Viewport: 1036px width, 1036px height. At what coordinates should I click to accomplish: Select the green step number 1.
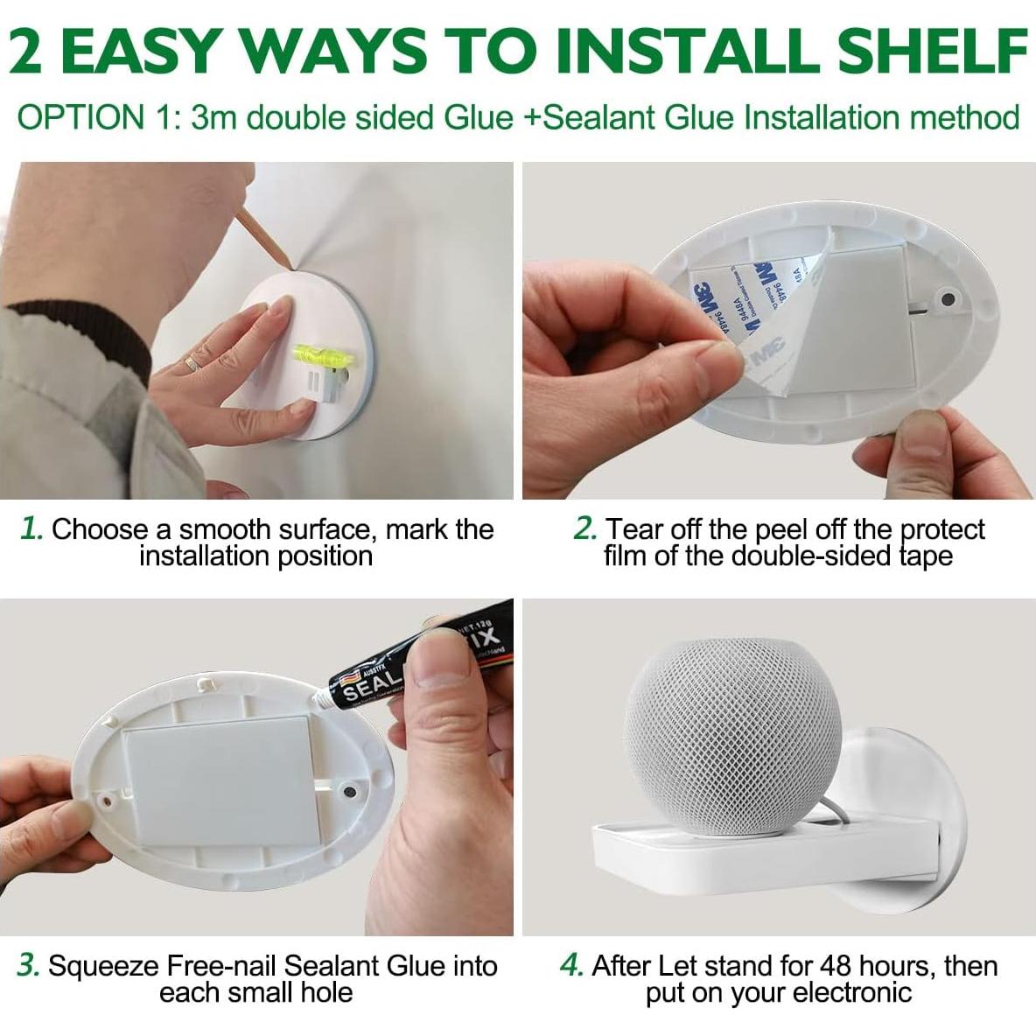click(x=31, y=528)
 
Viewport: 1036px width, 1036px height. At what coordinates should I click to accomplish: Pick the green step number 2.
click(x=584, y=528)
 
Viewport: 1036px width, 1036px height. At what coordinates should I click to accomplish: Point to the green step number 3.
click(x=29, y=965)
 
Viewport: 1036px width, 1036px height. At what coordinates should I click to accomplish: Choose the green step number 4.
click(x=571, y=965)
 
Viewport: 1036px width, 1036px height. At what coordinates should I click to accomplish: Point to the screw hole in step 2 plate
click(x=947, y=300)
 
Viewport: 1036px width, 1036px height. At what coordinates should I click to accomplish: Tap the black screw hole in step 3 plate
click(x=350, y=792)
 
